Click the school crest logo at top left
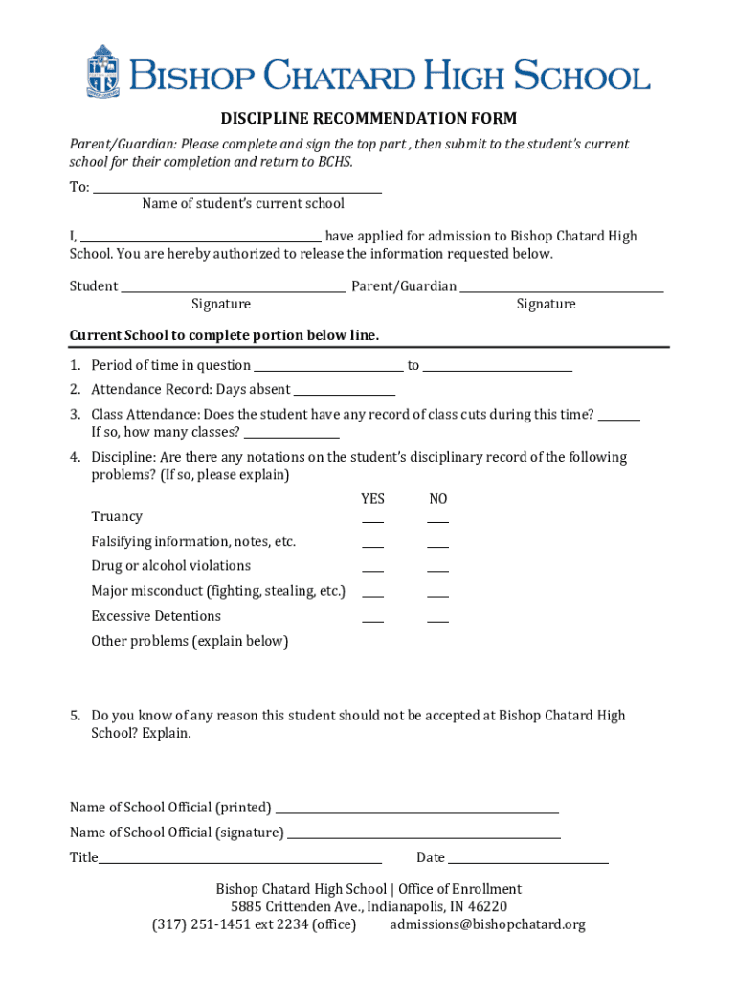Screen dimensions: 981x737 pos(102,71)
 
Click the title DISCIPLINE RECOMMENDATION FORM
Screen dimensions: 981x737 pos(368,119)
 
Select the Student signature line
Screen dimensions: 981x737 pos(233,287)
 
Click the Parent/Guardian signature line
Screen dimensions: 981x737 pos(561,287)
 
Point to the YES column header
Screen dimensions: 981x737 pos(372,499)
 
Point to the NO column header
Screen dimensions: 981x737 pos(437,499)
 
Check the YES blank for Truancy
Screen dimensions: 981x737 pos(372,520)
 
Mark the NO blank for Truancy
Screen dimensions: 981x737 pos(437,520)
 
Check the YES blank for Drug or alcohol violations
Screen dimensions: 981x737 pos(372,570)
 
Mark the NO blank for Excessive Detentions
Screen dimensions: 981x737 pos(437,620)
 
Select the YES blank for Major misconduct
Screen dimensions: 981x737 pos(372,595)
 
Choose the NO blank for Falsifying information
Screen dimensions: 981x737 pos(437,545)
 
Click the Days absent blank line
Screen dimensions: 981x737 pos(345,392)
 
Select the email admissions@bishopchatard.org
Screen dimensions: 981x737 pos(487,924)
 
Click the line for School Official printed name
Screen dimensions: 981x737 pos(416,810)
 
